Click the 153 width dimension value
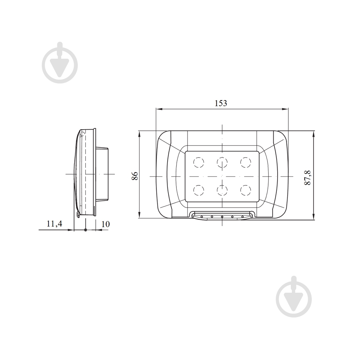click(221, 103)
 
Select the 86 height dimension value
click(135, 176)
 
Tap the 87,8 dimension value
click(307, 177)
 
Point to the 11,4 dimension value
click(54, 224)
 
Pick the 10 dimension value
click(105, 224)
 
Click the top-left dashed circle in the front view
click(199, 163)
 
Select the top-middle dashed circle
click(222, 163)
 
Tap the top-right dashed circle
click(246, 163)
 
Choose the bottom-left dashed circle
click(199, 190)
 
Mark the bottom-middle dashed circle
click(222, 190)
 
